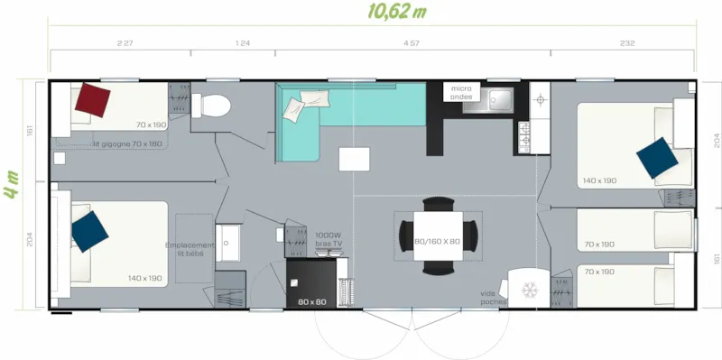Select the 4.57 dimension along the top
(x=410, y=42)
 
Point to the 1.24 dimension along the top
(x=242, y=42)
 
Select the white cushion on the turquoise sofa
(x=295, y=110)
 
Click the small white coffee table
(x=354, y=159)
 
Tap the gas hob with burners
(x=525, y=135)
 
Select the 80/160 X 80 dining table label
(x=437, y=242)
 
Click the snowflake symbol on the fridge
(x=530, y=291)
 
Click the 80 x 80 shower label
(x=310, y=301)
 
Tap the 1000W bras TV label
(x=329, y=238)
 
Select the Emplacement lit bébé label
(x=190, y=248)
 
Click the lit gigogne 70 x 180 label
(x=127, y=143)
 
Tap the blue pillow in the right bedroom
(x=656, y=158)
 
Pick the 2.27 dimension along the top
(x=125, y=42)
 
